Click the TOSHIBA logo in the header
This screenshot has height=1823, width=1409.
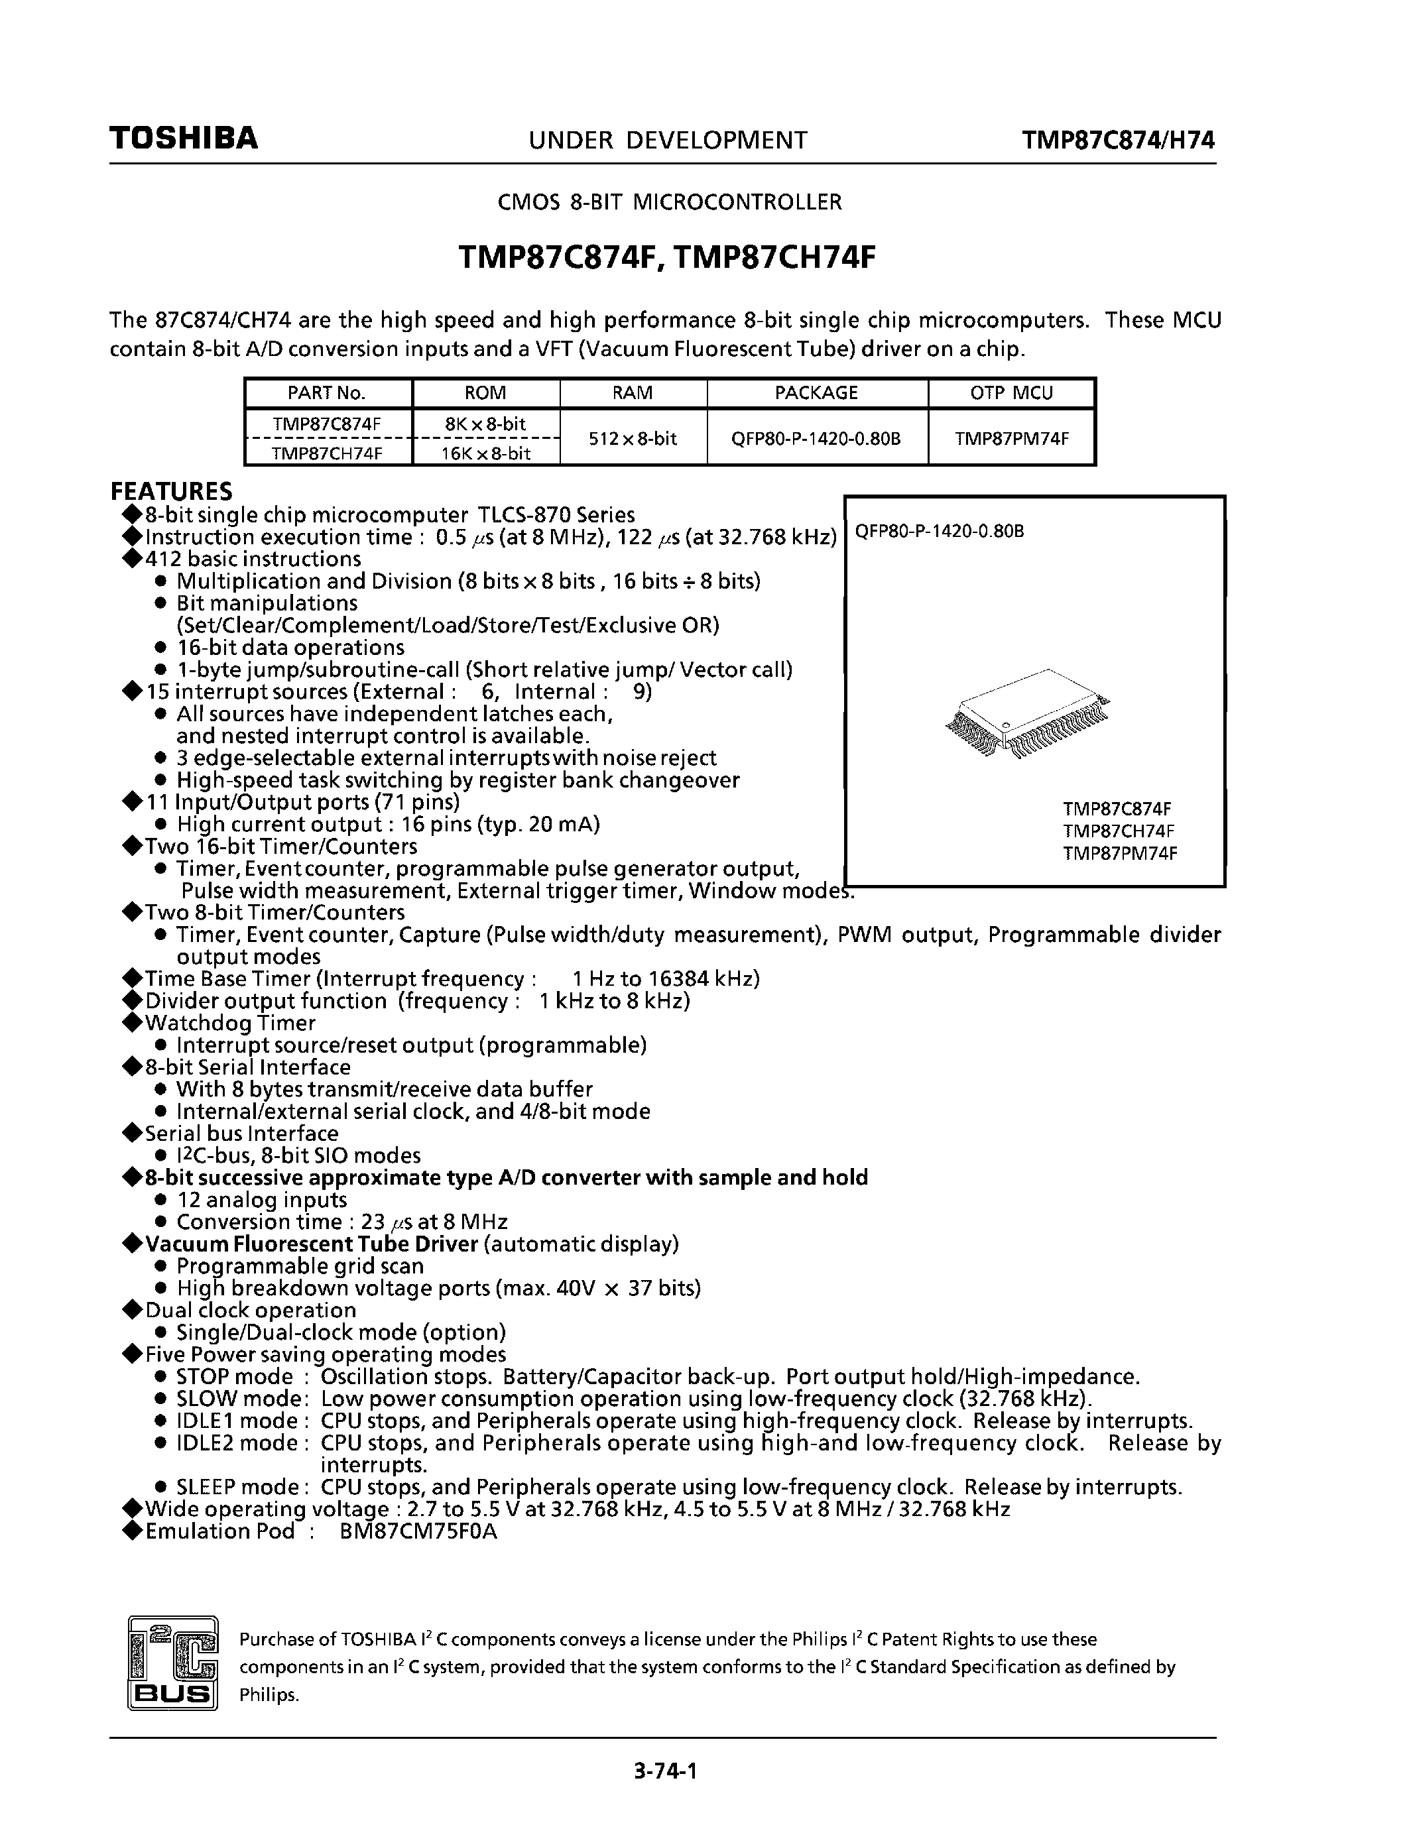click(184, 139)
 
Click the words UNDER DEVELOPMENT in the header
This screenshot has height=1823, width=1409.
click(668, 141)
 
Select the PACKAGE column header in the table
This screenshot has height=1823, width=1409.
click(816, 393)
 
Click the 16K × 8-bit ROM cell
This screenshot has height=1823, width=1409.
click(486, 453)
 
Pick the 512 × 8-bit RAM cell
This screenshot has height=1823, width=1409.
click(633, 438)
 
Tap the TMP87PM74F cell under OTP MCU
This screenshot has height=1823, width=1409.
click(1011, 438)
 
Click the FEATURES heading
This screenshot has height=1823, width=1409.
click(171, 491)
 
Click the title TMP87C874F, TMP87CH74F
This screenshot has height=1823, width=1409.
click(667, 258)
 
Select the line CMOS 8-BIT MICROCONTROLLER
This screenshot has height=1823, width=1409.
click(670, 202)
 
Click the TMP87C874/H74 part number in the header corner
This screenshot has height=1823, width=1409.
click(1119, 141)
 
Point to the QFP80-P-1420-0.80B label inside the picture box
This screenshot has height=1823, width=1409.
click(940, 532)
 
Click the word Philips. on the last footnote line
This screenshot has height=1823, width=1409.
click(269, 1695)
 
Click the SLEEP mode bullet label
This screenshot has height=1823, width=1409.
click(238, 1487)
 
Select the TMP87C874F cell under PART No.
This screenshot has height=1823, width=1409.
click(326, 423)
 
